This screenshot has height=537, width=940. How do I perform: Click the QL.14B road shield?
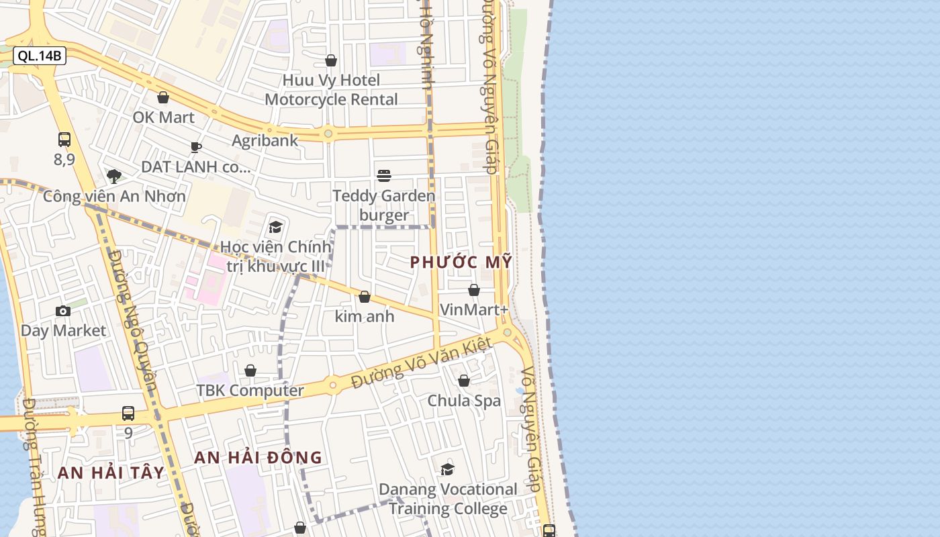point(40,56)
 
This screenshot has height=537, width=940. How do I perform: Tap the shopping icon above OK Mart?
point(163,98)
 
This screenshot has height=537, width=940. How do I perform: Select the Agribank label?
point(265,140)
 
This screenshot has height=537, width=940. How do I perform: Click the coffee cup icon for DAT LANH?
point(196,147)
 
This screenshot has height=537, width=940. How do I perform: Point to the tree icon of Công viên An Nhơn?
point(114,177)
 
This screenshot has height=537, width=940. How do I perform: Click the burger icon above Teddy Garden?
point(384,176)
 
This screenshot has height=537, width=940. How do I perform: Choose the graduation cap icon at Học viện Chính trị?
point(275,227)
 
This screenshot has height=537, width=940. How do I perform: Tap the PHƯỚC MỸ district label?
point(461,262)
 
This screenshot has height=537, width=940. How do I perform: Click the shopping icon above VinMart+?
point(474,290)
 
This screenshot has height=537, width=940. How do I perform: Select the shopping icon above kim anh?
point(365,297)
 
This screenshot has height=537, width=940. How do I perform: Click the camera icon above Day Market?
point(63,311)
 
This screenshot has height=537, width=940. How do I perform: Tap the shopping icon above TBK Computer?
point(250,371)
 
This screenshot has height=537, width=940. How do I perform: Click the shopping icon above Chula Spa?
point(464,381)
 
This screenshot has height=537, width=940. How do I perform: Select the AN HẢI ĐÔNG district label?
point(258,458)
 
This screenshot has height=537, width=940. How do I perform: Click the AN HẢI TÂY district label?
point(111,473)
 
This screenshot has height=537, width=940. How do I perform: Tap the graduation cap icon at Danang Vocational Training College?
point(448,470)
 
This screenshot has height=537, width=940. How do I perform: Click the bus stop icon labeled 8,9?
point(64,140)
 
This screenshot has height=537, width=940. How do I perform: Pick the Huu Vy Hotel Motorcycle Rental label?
point(331,90)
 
